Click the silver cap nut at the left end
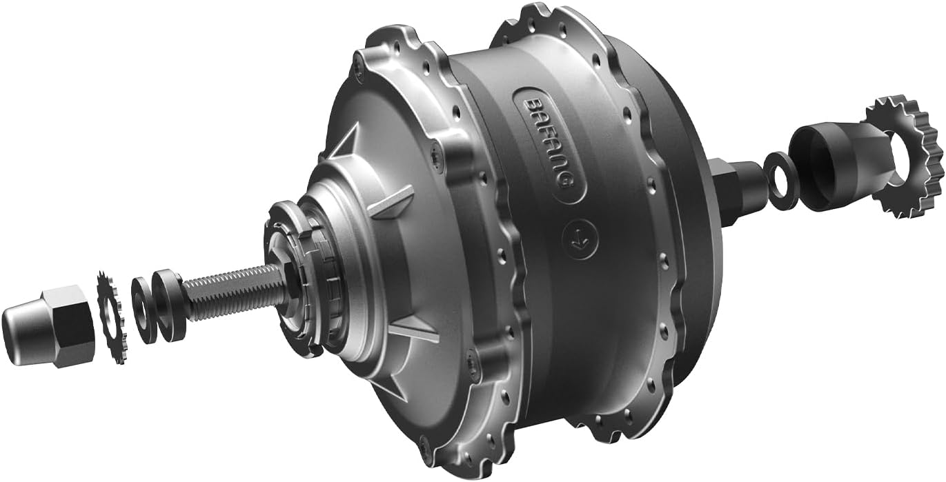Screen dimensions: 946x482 click(x=48, y=326)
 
